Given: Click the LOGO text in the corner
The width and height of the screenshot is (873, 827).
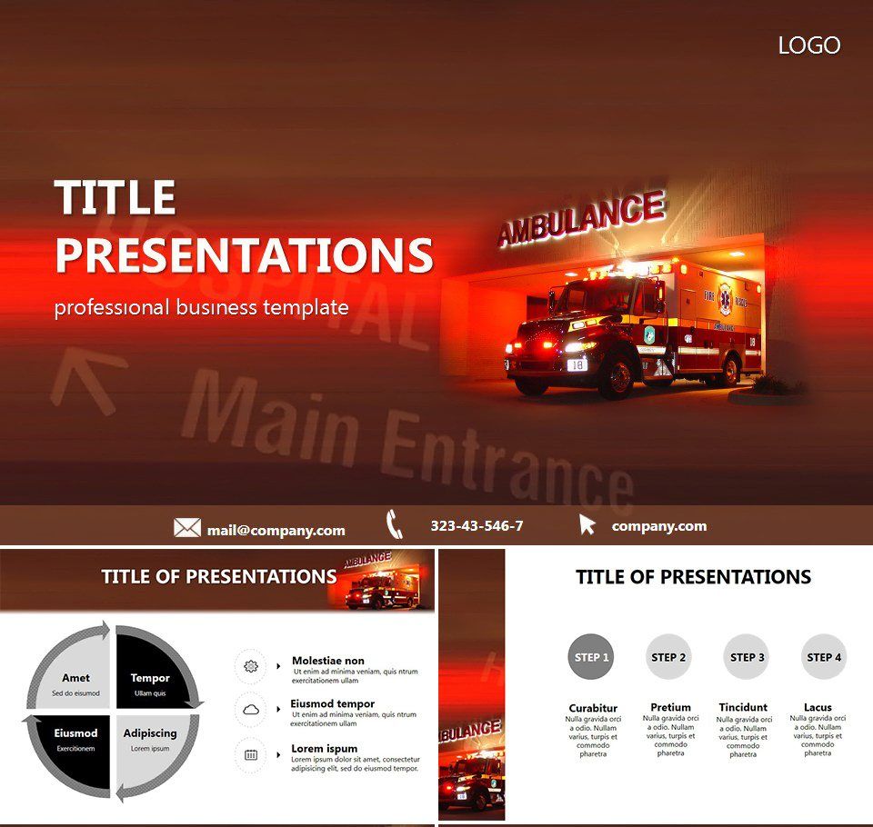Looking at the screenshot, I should pos(808,45).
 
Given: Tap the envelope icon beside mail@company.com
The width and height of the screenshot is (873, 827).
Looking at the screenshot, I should pos(187,528).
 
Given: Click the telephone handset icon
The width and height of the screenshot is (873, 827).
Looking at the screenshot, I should pos(394,524).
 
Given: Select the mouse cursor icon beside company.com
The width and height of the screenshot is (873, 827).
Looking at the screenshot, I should pos(587,524).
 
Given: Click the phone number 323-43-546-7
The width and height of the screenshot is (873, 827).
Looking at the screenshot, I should pos(477,526).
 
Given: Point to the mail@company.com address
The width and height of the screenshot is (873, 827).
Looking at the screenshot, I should pos(276,531).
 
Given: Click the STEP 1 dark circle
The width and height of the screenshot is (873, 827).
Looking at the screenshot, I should pos(591,656).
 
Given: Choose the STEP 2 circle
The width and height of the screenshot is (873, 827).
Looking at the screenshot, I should pos(669,656).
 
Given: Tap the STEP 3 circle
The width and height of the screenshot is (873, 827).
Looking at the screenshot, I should pos(748,656).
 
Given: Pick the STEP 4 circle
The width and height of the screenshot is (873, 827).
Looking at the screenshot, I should pos(825,656).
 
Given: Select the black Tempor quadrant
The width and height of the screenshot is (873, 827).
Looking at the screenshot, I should pos(150,683).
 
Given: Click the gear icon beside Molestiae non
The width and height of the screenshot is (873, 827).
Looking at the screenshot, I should pos(251,666).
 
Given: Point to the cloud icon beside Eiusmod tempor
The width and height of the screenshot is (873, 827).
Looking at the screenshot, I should pos(251,710).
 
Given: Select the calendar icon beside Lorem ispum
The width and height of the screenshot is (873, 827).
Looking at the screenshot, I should pos(251,754).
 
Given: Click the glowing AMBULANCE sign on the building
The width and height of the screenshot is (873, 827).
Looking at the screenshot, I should pos(581,219).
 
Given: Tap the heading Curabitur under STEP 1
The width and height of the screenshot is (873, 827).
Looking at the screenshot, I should pos(593,709).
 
